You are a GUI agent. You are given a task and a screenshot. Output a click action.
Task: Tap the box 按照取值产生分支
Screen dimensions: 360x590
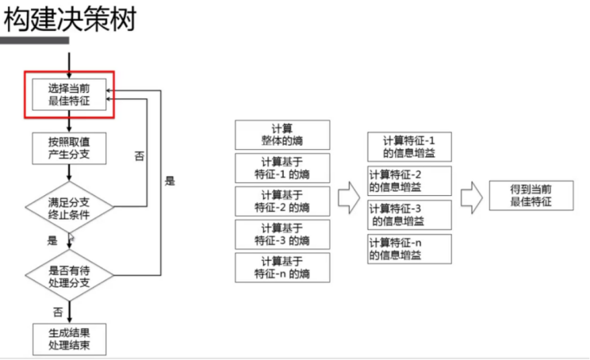click(x=70, y=147)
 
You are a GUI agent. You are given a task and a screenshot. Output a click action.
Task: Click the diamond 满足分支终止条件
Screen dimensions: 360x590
click(x=70, y=207)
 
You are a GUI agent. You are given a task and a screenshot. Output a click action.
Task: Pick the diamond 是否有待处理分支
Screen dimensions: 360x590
click(x=70, y=275)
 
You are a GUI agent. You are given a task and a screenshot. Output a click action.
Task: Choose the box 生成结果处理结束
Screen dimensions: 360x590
click(x=70, y=338)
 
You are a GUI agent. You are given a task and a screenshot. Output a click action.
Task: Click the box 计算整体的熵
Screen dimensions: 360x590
click(x=282, y=135)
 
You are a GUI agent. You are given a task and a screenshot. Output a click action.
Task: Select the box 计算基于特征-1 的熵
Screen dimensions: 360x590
click(x=282, y=168)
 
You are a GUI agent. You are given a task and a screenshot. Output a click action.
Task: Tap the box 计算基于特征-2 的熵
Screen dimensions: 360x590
click(x=282, y=201)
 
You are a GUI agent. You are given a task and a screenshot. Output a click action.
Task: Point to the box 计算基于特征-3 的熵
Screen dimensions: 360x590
click(x=282, y=234)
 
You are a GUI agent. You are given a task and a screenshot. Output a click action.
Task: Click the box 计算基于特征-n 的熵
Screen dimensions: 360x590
click(x=282, y=267)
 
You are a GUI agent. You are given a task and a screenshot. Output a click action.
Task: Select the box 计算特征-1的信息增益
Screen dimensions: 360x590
click(x=409, y=147)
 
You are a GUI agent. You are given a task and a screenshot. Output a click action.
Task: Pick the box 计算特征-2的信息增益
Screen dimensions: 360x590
click(x=409, y=181)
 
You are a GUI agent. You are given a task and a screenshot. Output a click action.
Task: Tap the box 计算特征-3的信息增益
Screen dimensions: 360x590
click(x=409, y=215)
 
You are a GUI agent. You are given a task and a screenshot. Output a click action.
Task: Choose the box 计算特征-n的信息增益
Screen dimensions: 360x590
click(x=409, y=249)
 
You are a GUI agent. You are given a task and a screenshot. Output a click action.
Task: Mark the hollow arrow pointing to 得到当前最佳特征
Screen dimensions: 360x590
click(x=472, y=197)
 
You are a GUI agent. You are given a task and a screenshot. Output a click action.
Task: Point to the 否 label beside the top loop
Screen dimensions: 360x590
click(x=140, y=156)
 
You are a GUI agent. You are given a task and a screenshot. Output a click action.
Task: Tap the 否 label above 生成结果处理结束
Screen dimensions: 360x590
click(x=57, y=312)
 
